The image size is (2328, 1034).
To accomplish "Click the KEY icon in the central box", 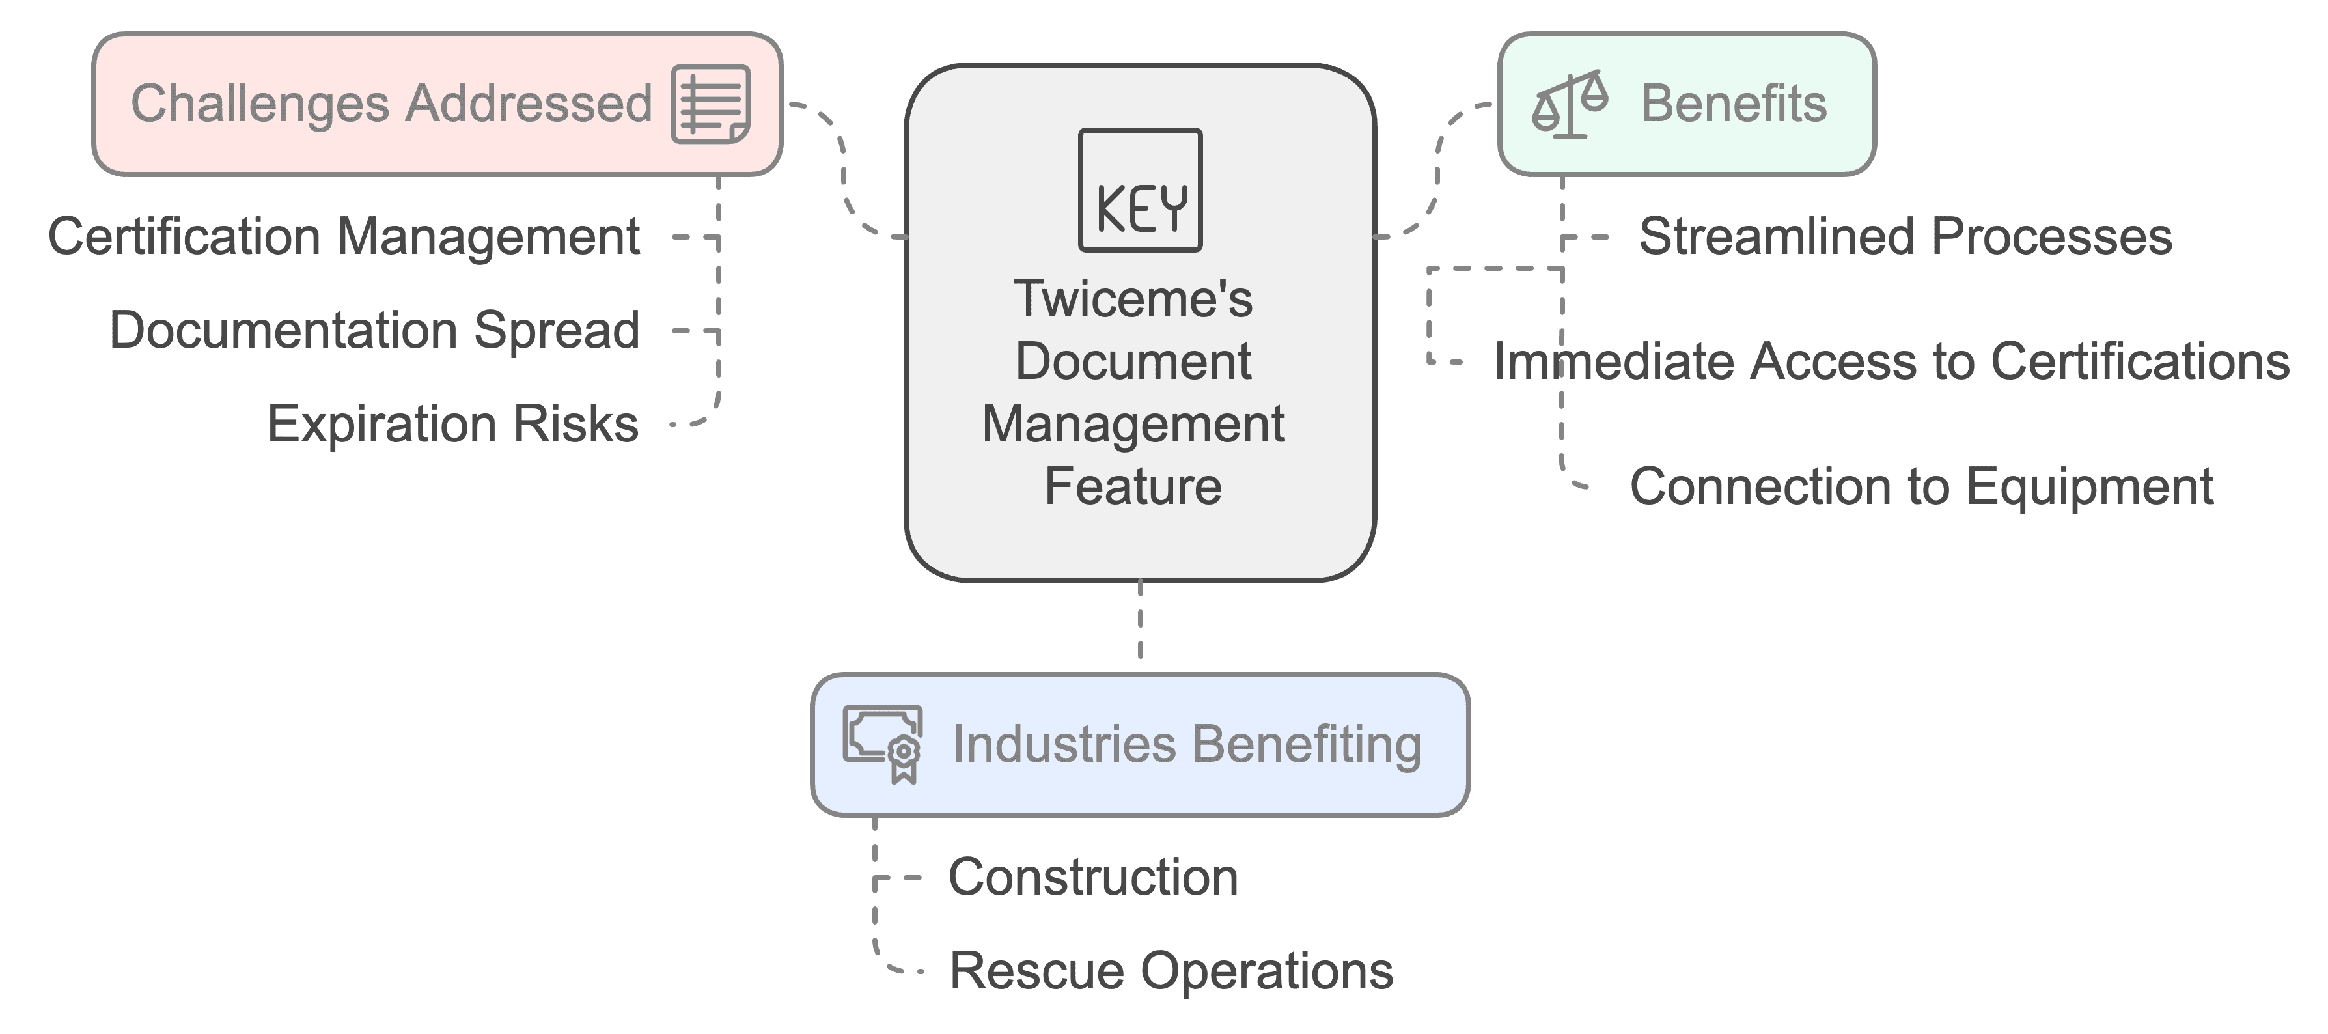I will pos(1140,190).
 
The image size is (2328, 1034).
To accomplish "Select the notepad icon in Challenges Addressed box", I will pos(710,104).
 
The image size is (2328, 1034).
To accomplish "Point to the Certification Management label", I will pos(344,237).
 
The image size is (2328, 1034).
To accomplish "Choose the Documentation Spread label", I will pos(374,330).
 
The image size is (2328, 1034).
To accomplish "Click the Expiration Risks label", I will pos(452,424).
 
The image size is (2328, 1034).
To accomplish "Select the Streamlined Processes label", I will pos(1905,237).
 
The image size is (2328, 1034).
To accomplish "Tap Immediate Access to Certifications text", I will pos(1891,361).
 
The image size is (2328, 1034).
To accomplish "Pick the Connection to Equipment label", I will pos(1921,486).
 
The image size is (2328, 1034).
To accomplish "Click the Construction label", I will pos(1092,876).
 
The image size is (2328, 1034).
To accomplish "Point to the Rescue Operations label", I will pos(1171,971).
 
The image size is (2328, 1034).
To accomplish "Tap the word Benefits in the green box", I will pos(1734,104).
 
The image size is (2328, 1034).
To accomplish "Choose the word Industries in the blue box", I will pos(1063,745).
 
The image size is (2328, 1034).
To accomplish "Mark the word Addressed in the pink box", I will pos(528,104).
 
